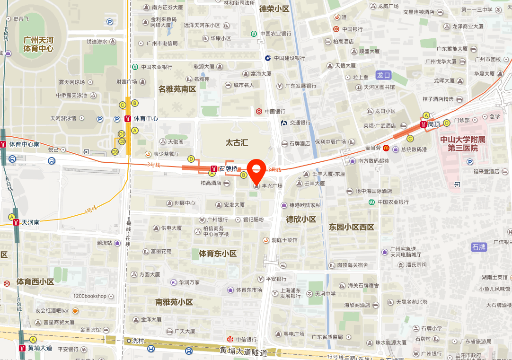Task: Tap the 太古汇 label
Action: coord(237,142)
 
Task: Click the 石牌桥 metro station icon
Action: coord(214,168)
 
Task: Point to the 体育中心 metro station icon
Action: coord(127,118)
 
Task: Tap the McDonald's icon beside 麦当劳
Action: coord(386,149)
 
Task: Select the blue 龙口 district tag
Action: coord(383,75)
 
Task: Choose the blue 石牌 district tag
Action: coord(479,247)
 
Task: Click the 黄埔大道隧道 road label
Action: coord(244,352)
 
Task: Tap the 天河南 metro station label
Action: coord(30,222)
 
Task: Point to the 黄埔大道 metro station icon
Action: coord(22,348)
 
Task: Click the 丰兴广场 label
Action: coord(272,186)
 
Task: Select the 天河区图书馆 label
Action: coord(379,88)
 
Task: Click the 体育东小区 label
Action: coord(217,254)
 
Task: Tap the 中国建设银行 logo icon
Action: coord(267,58)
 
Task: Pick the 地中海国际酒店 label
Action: coord(374,191)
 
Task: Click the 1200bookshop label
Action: coord(90,296)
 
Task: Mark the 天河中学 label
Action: coord(326,294)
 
